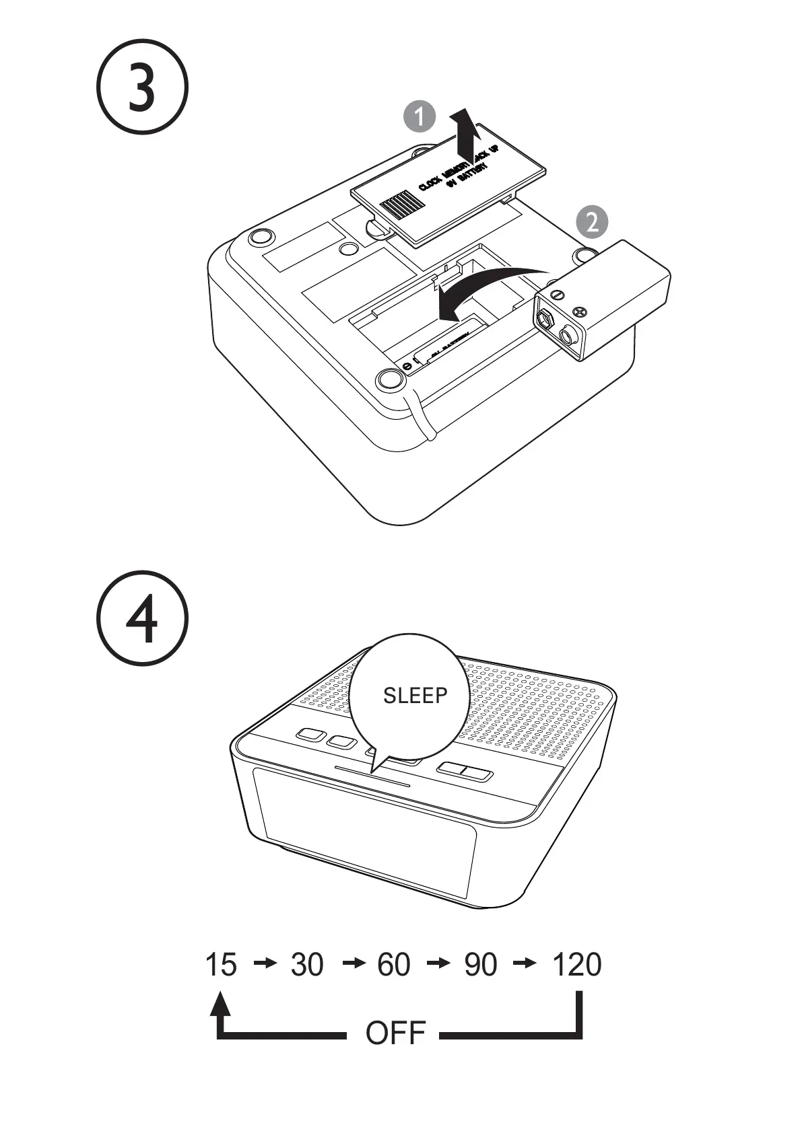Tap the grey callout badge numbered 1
point(420,117)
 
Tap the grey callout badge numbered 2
point(592,221)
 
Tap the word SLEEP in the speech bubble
point(415,696)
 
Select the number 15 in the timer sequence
point(221,965)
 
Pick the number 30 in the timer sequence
point(307,965)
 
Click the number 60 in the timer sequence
point(394,965)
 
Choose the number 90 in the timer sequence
point(481,965)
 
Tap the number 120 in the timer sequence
point(576,965)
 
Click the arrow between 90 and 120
point(525,964)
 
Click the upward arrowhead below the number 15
point(220,1004)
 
